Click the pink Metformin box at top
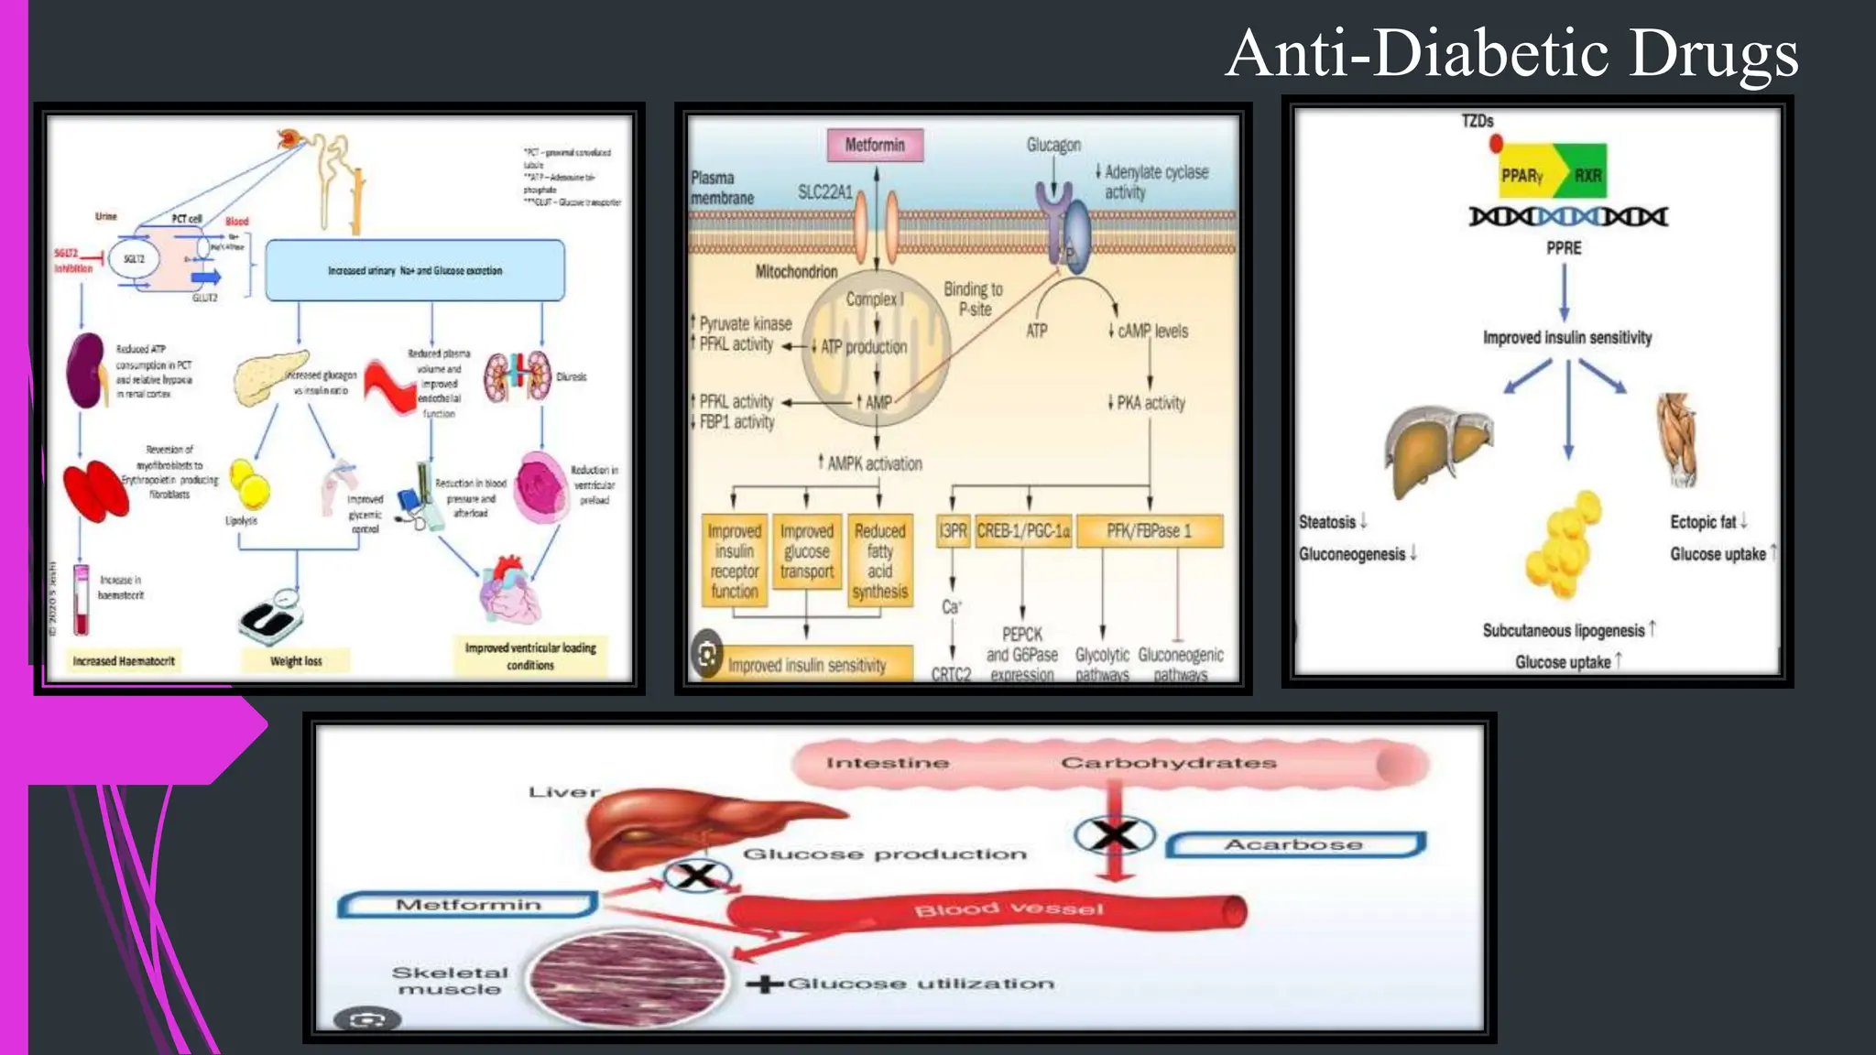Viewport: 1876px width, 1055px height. pyautogui.click(x=875, y=145)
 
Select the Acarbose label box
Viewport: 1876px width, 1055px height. pyautogui.click(x=1294, y=844)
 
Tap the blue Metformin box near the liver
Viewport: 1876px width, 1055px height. pyautogui.click(x=468, y=905)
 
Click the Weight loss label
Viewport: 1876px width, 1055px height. pyautogui.click(x=296, y=661)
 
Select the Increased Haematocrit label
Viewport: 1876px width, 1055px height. pyautogui.click(x=124, y=661)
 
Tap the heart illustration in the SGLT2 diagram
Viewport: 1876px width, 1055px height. pyautogui.click(x=510, y=591)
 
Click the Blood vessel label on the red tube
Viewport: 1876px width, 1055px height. pyautogui.click(x=1009, y=908)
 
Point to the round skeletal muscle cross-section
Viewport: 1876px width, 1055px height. pyautogui.click(x=628, y=976)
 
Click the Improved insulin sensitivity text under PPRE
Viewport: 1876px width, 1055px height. pyautogui.click(x=1567, y=338)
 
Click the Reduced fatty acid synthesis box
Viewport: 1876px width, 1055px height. pyautogui.click(x=879, y=560)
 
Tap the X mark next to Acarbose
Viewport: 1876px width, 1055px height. pyautogui.click(x=1114, y=834)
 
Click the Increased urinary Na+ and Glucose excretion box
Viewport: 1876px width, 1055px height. pyautogui.click(x=415, y=271)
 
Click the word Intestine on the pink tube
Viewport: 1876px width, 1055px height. pyautogui.click(x=887, y=763)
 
